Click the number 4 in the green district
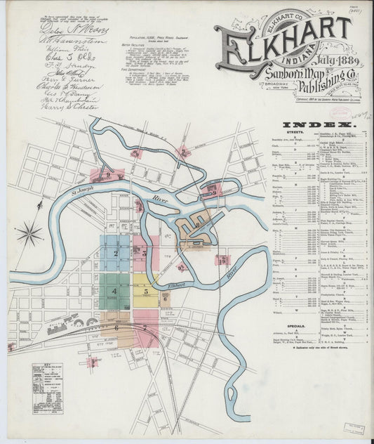pyautogui.click(x=113, y=290)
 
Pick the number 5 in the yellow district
pyautogui.click(x=145, y=291)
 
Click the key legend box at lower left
pyautogui.click(x=47, y=388)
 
